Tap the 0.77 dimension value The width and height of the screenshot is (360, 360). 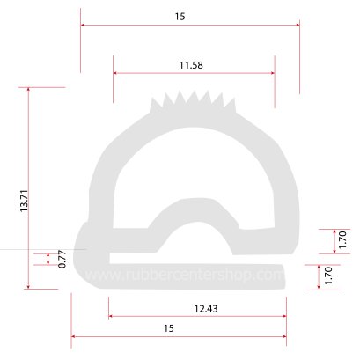pos(62,259)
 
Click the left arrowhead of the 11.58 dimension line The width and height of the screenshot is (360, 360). pos(116,74)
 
